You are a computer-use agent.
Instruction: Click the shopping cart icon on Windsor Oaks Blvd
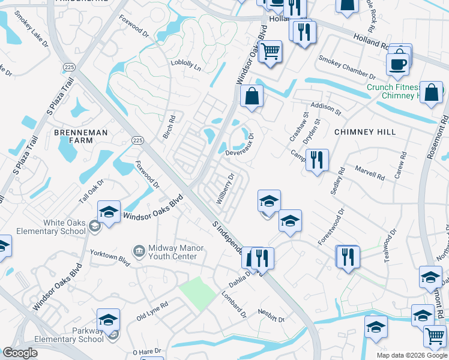point(271,52)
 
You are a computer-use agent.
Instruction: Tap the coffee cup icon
point(397,63)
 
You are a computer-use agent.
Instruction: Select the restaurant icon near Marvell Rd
point(316,160)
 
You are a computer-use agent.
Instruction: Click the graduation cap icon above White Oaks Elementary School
point(109,212)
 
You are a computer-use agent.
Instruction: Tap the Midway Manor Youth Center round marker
point(139,250)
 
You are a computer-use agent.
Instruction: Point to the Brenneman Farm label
point(82,136)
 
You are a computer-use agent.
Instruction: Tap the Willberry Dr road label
point(224,189)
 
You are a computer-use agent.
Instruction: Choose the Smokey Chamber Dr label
point(346,68)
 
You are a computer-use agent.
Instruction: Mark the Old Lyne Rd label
point(152,311)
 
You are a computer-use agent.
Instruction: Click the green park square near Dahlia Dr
point(197,293)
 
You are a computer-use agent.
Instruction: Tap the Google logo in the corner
point(20,353)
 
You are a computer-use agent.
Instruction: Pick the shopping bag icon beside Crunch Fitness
point(431,93)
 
